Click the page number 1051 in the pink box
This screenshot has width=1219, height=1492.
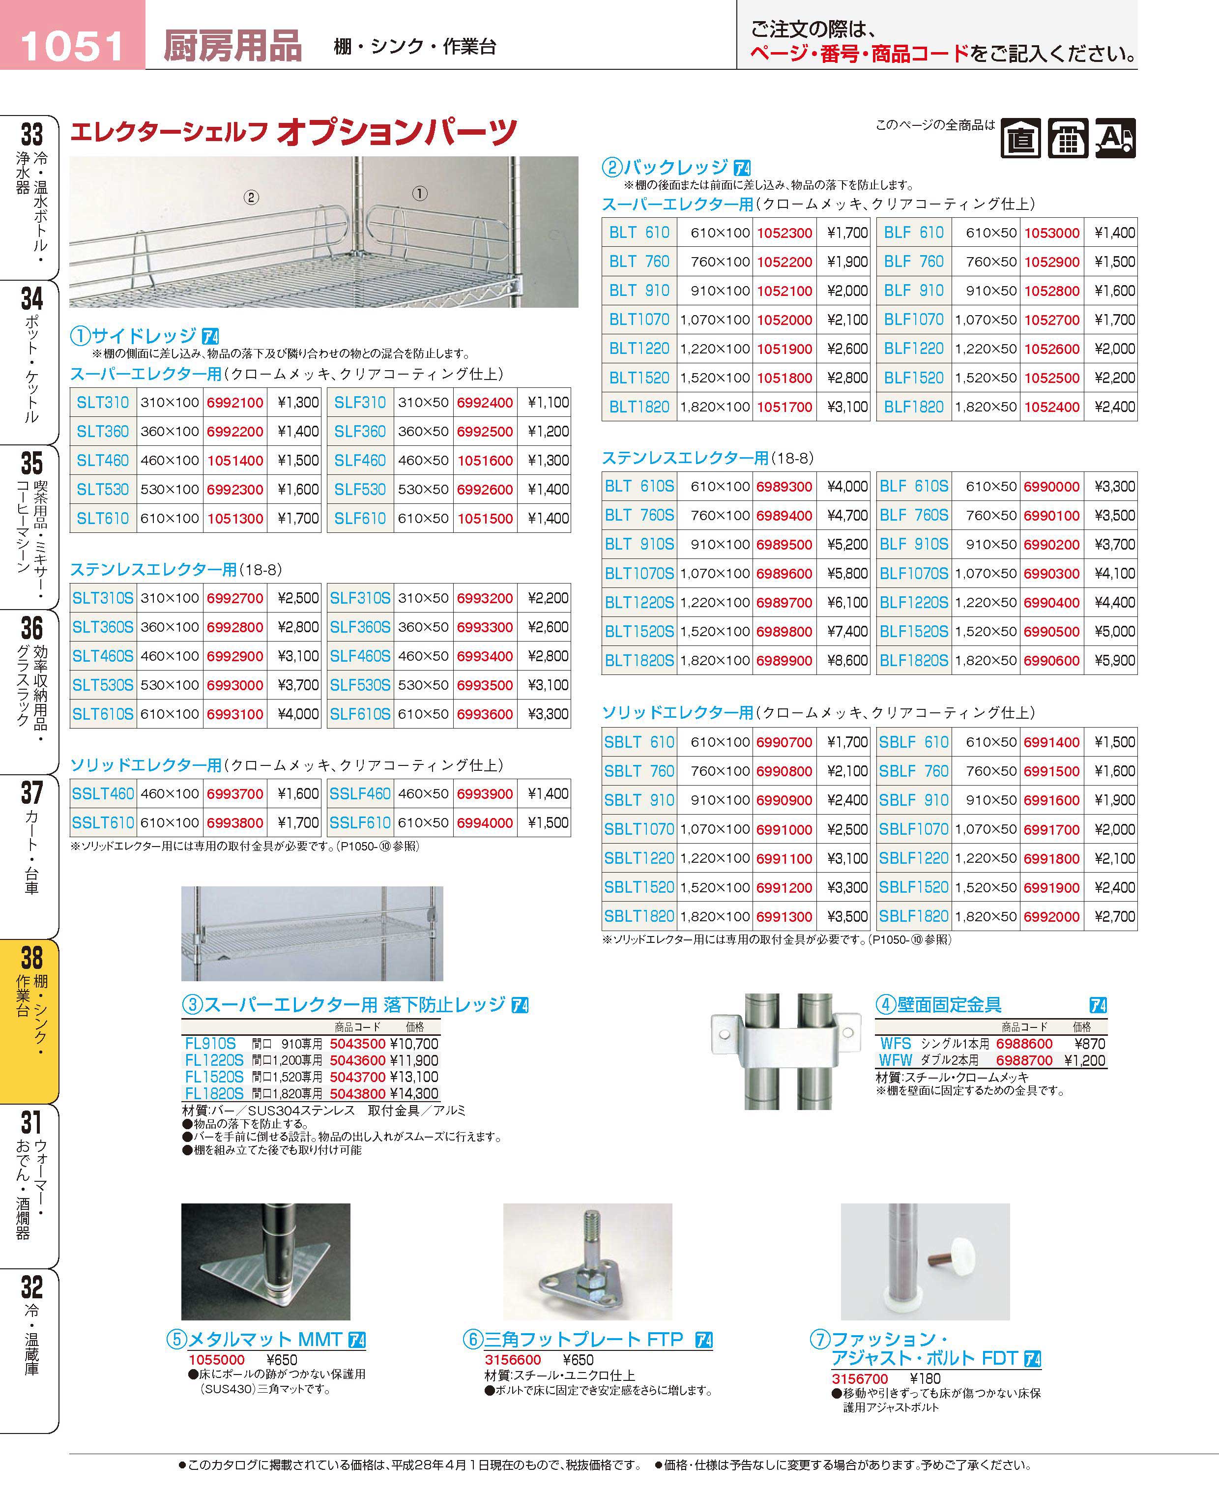[72, 46]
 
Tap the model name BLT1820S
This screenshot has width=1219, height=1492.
[639, 661]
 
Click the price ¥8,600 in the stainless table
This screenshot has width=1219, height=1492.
[847, 661]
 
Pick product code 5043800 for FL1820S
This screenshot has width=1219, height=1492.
[357, 1094]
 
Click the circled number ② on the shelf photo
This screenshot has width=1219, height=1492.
[251, 197]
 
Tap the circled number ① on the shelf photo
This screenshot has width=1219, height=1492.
[419, 193]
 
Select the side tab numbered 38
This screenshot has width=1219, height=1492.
[31, 958]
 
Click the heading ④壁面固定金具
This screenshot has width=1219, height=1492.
[939, 1005]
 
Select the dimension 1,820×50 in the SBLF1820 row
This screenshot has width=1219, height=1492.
[985, 917]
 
